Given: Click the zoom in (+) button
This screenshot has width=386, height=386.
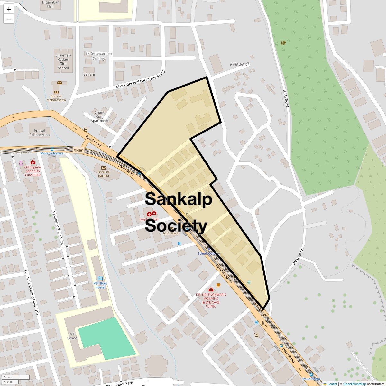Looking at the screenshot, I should coord(9,9).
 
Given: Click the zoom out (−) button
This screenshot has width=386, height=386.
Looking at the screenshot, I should coord(9,19).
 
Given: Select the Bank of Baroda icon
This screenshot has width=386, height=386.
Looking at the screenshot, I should coord(104,168).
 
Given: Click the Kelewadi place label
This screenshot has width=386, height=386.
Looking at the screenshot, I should coord(239,64).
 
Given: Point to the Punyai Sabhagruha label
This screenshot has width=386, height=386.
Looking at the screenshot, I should coord(42,133).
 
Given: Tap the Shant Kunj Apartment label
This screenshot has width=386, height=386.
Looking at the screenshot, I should coord(99,116).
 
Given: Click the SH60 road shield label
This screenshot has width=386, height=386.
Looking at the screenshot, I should coord(78,151).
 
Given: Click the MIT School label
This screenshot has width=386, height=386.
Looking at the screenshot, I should coord(73,336).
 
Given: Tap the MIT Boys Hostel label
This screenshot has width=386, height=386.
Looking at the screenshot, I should coord(100,285).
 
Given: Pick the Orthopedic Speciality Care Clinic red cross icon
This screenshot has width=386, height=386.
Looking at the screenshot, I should coord(32,162).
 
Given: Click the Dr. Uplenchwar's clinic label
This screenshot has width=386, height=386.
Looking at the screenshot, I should coord(211,300).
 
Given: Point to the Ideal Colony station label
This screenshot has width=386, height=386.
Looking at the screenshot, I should coord(209,253).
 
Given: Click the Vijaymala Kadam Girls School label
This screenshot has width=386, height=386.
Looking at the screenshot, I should coord(63,61).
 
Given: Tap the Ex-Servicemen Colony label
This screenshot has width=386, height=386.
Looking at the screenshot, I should coord(99,56).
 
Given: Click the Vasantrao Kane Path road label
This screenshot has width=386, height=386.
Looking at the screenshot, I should coord(58,228).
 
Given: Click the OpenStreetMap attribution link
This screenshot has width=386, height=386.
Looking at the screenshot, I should coord(354,384).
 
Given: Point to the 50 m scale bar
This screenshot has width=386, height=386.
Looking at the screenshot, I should coord(16,377).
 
